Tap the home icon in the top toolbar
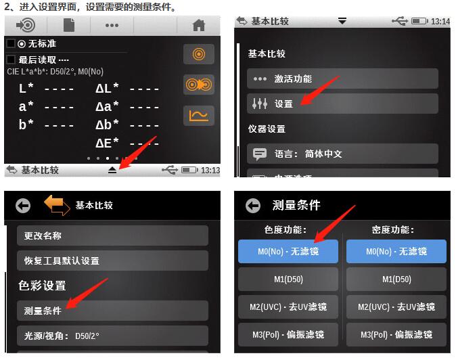tap(198, 25)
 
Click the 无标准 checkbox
tap(10, 43)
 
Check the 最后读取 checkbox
tap(10, 60)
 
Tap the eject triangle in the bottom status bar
tap(112, 170)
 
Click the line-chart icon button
tap(199, 116)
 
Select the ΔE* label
tap(107, 142)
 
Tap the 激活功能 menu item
tap(342, 78)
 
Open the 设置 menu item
tap(342, 104)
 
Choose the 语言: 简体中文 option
tap(342, 154)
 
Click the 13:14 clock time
tap(440, 21)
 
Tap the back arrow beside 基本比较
tap(24, 206)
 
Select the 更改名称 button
tap(112, 235)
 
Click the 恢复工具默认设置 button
tap(112, 261)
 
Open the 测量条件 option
tap(112, 311)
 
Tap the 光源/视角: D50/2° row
tap(112, 335)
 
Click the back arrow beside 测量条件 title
tap(254, 206)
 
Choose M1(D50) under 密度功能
tap(396, 279)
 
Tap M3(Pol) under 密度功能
tap(396, 334)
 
